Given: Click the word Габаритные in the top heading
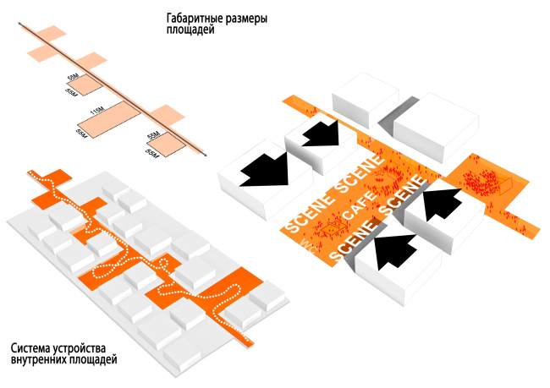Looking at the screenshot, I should click(196, 18).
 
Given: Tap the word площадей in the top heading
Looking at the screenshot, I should click(191, 30).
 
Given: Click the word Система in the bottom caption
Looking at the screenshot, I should click(34, 347).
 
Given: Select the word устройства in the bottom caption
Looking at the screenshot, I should click(87, 347).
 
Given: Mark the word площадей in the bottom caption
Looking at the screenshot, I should click(96, 360).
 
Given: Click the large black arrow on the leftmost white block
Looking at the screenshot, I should click(264, 168).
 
